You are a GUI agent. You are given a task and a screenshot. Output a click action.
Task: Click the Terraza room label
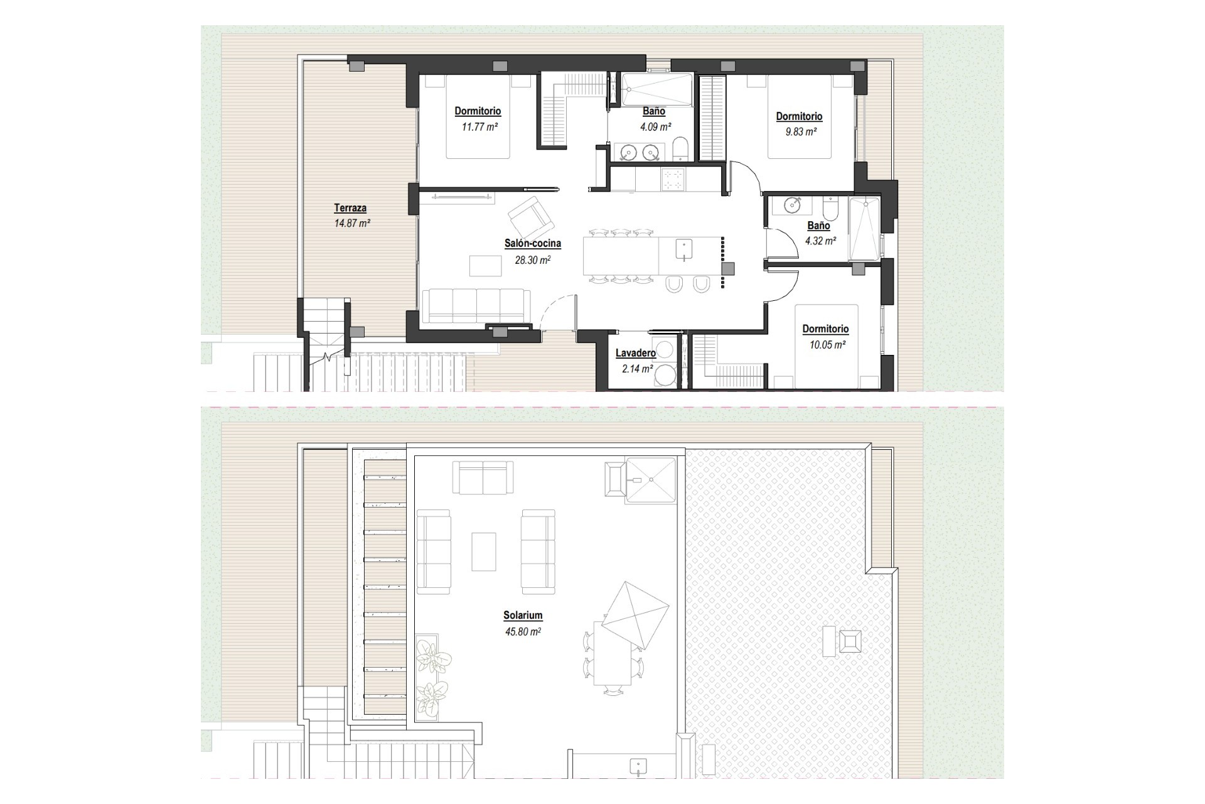pos(350,208)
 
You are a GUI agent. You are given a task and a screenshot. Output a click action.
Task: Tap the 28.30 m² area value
pos(532,260)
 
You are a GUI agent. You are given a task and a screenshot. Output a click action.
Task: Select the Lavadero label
pos(635,353)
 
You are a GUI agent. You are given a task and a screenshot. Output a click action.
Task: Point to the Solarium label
pos(522,616)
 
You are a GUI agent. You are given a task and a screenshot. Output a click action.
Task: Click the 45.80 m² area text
pos(522,632)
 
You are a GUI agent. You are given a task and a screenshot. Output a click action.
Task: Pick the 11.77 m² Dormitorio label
pos(478,111)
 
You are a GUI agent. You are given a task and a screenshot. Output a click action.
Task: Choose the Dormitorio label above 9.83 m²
pos(799,116)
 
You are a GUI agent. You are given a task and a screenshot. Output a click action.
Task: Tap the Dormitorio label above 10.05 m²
pos(825,329)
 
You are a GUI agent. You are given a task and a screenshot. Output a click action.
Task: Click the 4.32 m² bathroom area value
pos(820,241)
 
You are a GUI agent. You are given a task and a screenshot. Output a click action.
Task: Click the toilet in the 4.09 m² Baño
pos(680,149)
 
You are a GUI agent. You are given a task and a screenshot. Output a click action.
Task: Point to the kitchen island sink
pos(683,249)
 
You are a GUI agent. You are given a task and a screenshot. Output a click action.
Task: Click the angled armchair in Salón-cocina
pos(531,217)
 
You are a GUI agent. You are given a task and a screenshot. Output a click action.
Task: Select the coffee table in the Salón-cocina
pos(485,265)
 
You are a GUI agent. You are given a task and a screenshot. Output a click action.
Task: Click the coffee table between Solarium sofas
pos(483,551)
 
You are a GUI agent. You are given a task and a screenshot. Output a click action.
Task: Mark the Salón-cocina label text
pos(532,244)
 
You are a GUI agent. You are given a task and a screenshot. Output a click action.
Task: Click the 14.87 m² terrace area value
pos(352,223)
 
